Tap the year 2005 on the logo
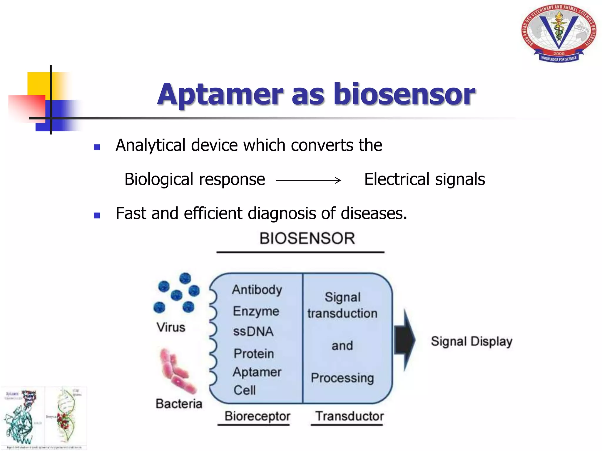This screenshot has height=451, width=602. (559, 53)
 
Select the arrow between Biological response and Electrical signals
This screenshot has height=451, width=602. (308, 180)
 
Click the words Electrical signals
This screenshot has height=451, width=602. (424, 179)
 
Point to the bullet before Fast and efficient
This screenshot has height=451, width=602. (97, 216)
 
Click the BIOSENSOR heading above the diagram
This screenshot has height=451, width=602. (307, 238)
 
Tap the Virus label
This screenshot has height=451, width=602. (171, 327)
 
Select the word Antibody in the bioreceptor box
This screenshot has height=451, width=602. (257, 290)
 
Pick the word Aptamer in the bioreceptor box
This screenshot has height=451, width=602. (257, 372)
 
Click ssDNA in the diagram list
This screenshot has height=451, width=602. (253, 331)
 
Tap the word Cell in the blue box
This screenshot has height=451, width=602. (245, 390)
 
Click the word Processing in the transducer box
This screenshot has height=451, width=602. (342, 378)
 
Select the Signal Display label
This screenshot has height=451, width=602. (471, 341)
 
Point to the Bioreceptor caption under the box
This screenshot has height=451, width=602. (257, 416)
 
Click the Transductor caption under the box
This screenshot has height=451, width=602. (350, 416)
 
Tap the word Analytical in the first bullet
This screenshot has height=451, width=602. (150, 145)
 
